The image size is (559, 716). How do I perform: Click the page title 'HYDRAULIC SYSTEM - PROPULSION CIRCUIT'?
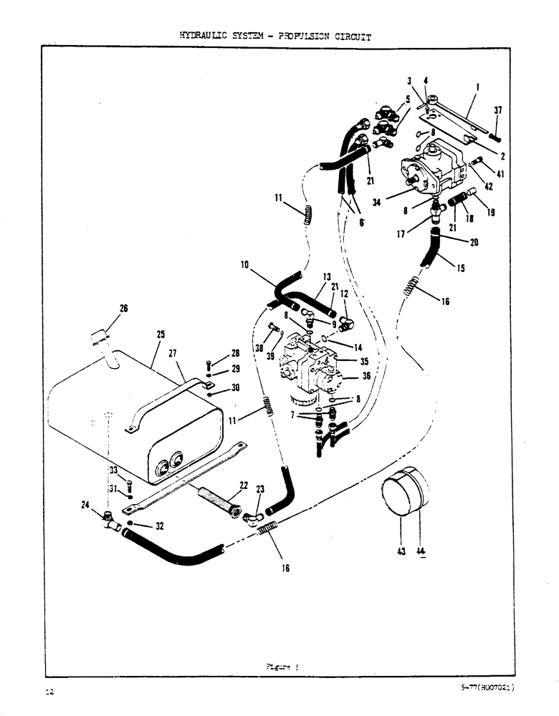coord(275,35)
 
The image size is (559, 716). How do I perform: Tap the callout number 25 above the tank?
coord(161,334)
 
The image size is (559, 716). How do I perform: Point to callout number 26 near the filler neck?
coord(123,309)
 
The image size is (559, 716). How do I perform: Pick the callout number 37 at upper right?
coord(497,110)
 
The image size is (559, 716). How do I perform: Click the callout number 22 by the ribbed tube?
coord(243,485)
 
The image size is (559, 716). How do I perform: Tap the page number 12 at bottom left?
coord(49,692)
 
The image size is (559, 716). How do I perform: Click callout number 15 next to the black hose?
coord(460,268)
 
